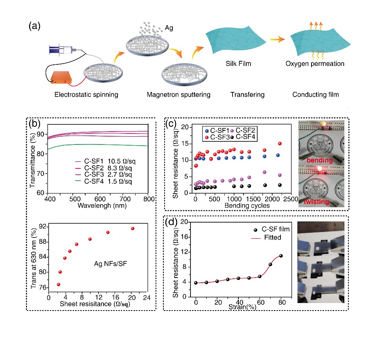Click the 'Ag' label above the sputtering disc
click(x=169, y=28)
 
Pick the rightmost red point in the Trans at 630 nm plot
click(x=133, y=228)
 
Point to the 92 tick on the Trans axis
click(x=42, y=227)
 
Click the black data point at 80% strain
click(x=281, y=256)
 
